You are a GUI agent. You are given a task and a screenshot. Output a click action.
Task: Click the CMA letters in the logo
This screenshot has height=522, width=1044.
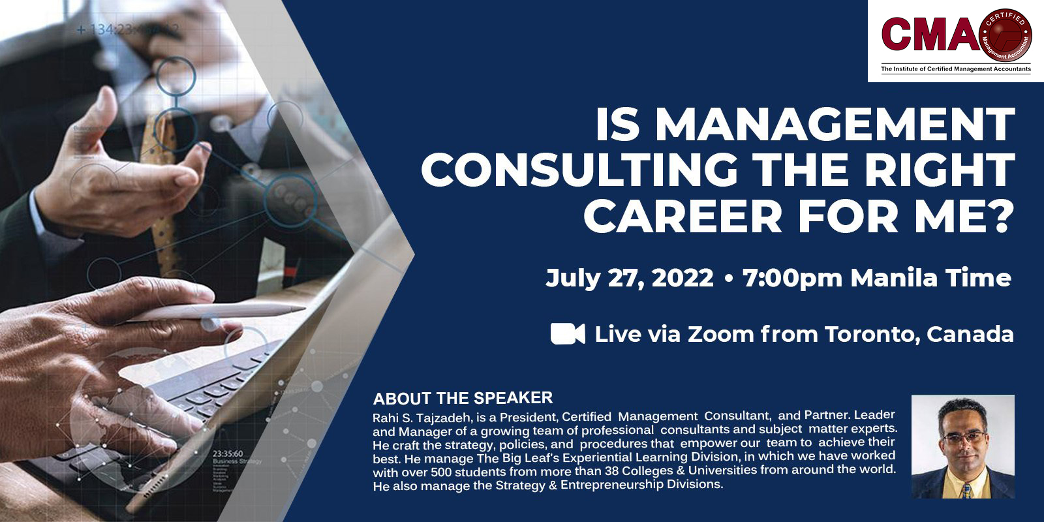930,35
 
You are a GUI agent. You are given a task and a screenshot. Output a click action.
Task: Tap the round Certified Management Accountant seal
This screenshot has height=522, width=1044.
1006,35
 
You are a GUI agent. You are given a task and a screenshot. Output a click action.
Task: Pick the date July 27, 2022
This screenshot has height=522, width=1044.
629,278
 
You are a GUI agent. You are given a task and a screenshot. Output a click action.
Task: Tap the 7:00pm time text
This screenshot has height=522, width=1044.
792,278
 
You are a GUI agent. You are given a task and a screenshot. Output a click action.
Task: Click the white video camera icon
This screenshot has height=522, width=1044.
568,333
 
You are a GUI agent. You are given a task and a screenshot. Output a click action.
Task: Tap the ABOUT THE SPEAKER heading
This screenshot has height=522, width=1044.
463,398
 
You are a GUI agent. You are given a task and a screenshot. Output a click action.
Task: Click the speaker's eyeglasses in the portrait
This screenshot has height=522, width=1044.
962,438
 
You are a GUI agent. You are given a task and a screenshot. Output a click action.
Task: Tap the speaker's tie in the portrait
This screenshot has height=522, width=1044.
965,490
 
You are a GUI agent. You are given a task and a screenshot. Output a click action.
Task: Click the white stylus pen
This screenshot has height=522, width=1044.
215,313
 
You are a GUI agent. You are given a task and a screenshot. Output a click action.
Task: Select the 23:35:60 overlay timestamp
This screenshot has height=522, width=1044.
228,453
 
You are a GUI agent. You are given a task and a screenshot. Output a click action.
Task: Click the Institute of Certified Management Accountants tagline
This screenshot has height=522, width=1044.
956,69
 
